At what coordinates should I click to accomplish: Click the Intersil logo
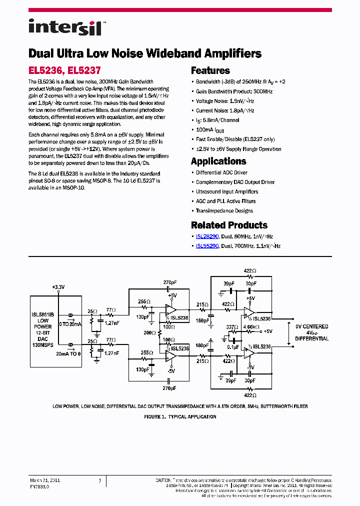[65, 27]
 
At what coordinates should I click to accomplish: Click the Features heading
[210, 70]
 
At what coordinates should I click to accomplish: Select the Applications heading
[218, 161]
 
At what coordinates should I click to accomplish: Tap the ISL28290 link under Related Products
[207, 236]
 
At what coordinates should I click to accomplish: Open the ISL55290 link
[207, 246]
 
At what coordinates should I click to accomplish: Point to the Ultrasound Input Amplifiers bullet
[227, 191]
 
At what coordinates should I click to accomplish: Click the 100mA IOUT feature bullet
[210, 130]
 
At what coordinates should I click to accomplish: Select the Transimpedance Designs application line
[224, 210]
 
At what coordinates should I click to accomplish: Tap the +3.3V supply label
[58, 287]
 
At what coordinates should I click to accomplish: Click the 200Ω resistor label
[149, 332]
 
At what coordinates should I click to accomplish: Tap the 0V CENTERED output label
[311, 326]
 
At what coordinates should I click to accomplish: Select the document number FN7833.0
[39, 485]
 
